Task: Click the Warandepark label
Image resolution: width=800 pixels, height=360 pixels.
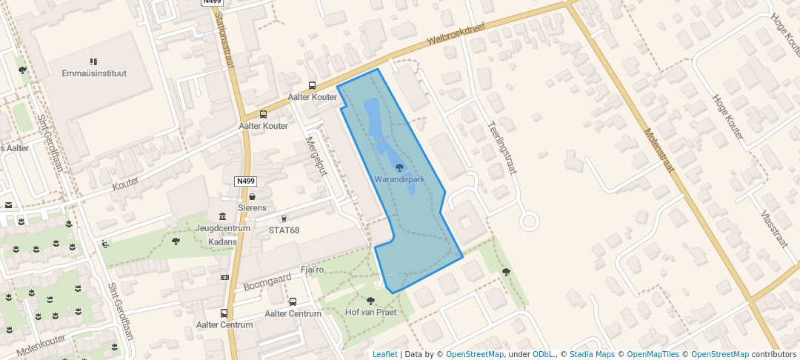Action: pyautogui.click(x=399, y=180)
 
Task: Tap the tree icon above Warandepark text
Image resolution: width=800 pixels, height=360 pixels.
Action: pyautogui.click(x=400, y=168)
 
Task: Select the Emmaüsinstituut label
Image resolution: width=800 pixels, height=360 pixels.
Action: pyautogui.click(x=94, y=73)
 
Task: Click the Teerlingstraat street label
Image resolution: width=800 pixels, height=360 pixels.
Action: pyautogui.click(x=501, y=147)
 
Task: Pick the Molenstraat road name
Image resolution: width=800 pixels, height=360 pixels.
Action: pyautogui.click(x=659, y=150)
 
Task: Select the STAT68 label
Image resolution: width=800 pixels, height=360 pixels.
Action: pyautogui.click(x=284, y=230)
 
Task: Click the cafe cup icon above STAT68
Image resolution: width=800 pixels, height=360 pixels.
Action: pyautogui.click(x=284, y=219)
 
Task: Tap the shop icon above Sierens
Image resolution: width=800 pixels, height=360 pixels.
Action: pyautogui.click(x=253, y=197)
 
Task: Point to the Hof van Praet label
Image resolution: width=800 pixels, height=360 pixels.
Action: pyautogui.click(x=370, y=312)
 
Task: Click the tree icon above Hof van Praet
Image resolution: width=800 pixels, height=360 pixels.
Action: pyautogui.click(x=370, y=301)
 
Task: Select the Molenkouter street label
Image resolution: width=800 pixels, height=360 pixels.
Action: pyautogui.click(x=41, y=342)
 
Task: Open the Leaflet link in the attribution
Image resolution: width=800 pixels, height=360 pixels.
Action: pyautogui.click(x=384, y=354)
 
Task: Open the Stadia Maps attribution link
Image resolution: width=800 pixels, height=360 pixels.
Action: pyautogui.click(x=592, y=354)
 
